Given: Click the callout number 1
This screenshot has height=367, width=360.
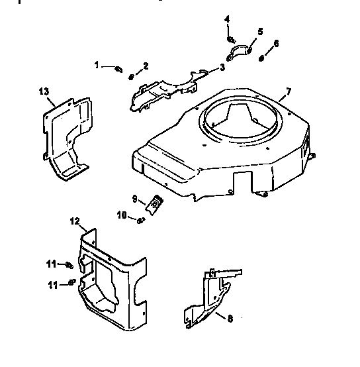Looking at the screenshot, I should click(97, 65).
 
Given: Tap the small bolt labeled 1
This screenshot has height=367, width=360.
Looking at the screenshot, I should click(117, 68).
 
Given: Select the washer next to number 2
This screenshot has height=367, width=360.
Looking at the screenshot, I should click(132, 75).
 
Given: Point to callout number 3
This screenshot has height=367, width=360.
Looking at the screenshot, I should click(222, 67).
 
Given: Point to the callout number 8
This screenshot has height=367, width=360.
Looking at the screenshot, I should click(229, 319).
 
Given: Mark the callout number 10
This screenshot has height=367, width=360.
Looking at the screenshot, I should click(122, 215).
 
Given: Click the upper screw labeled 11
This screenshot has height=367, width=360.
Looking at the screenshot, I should click(68, 266).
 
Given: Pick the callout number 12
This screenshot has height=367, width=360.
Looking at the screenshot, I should click(74, 220).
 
